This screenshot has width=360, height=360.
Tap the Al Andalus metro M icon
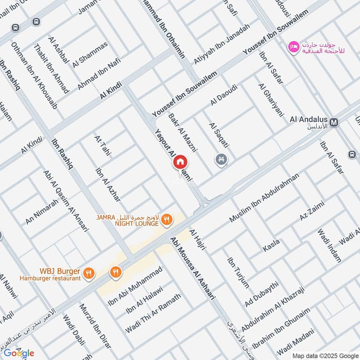pyautogui.click(x=334, y=122)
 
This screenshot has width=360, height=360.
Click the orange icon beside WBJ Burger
pyautogui.click(x=89, y=272)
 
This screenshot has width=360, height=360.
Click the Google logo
pyautogui.click(x=19, y=353)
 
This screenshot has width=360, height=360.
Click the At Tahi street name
pyautogui.click(x=103, y=146)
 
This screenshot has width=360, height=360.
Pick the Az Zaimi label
pyautogui.click(x=312, y=211)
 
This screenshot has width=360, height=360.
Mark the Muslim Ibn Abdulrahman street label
pyautogui.click(x=264, y=198)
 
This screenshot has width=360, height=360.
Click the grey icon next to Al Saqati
pyautogui.click(x=220, y=159)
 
